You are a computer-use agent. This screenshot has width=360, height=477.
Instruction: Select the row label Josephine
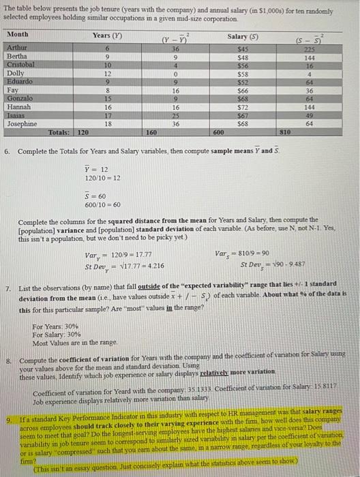(x=25, y=124)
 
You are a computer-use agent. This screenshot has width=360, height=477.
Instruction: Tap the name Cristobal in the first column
(x=21, y=65)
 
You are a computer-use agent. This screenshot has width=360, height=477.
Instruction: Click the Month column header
(x=18, y=34)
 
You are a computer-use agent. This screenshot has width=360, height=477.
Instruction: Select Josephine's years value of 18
(x=106, y=124)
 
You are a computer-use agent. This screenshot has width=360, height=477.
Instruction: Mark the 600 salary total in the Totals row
(x=217, y=133)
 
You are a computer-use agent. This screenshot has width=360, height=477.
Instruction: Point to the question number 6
(x=7, y=149)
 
